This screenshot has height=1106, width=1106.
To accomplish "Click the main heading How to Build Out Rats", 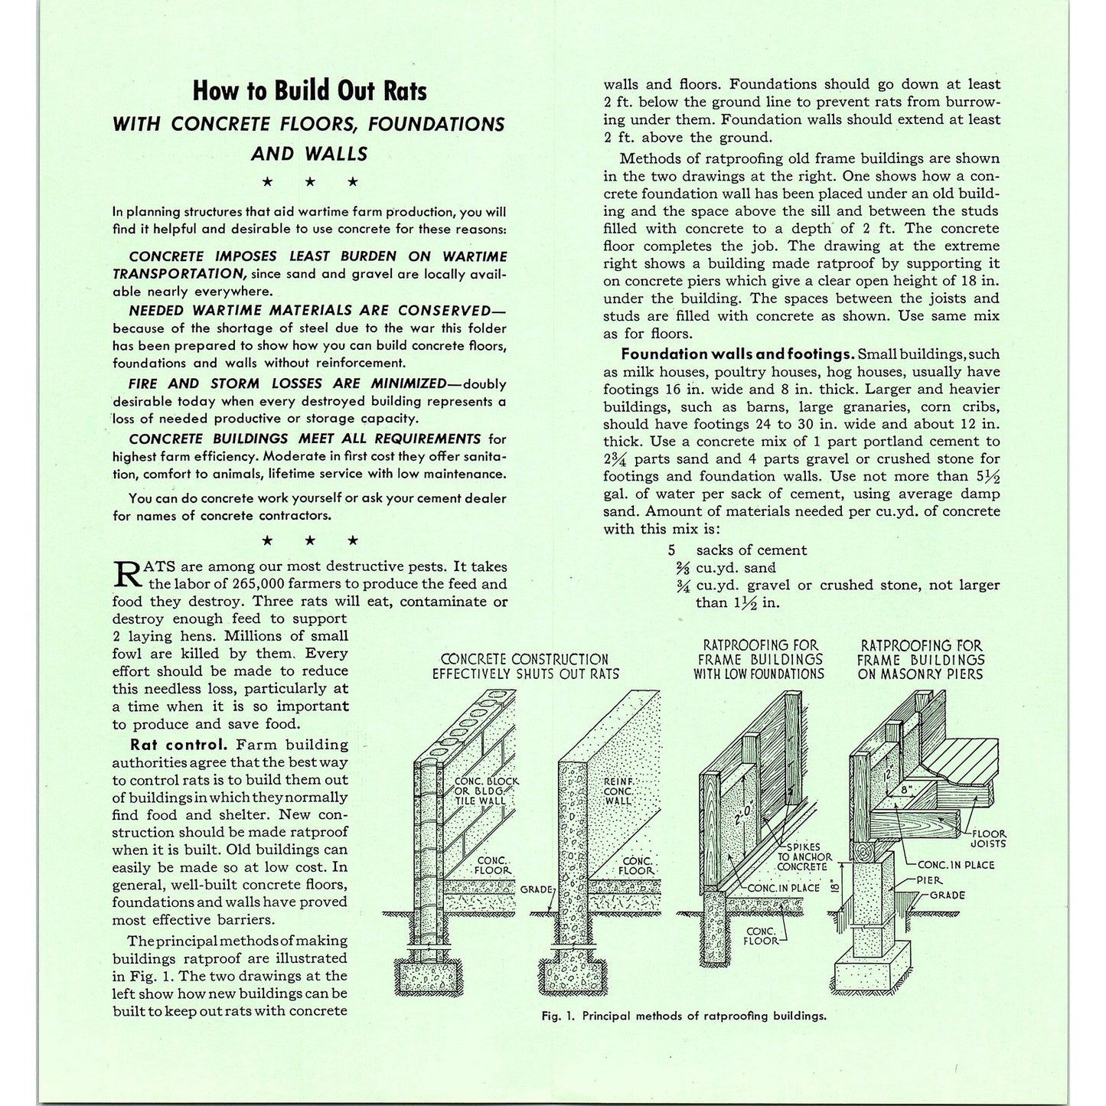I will pos(309,91).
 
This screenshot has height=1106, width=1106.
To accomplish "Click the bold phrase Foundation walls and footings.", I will pos(737,354).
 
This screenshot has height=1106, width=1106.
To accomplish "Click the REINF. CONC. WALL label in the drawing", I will pos(618,791).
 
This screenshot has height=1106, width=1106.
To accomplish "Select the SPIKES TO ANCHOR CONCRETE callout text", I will pos(801,857).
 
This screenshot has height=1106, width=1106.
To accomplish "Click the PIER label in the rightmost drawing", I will pos(934,881).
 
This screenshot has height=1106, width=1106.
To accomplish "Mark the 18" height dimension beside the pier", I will pos(835,888).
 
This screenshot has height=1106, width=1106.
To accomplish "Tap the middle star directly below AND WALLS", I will pos(310,182).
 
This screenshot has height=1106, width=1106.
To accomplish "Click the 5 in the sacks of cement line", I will pos(672,550).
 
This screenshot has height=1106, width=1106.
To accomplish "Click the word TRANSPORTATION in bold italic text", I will pos(178,273).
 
